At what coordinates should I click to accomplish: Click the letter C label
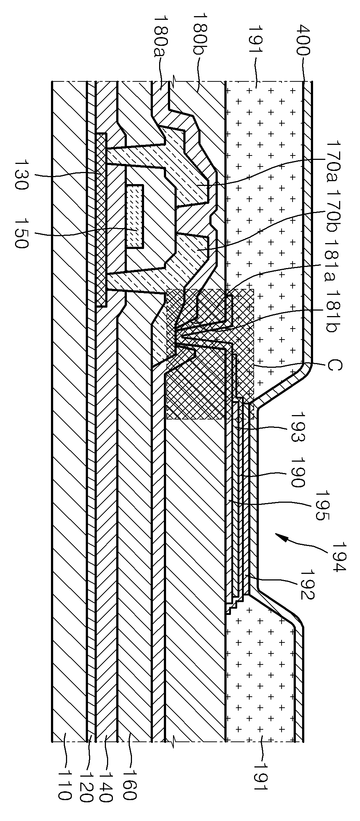pos(334,365)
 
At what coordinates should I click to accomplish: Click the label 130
pos(21,174)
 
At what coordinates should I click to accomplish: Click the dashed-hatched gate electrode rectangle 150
pos(135,216)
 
